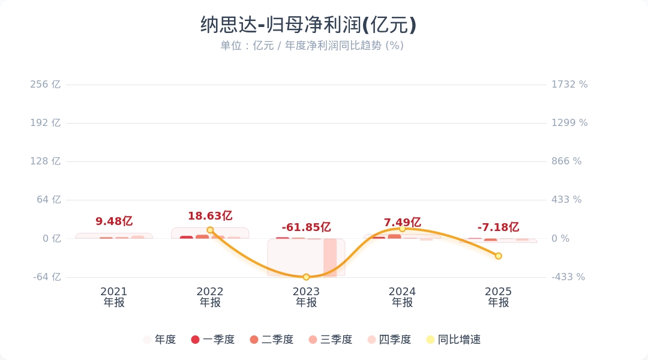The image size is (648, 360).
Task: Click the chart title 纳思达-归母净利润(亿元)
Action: [x=308, y=25]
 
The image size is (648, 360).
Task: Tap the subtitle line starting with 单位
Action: [x=311, y=46]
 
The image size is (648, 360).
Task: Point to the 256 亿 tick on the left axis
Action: [x=46, y=85]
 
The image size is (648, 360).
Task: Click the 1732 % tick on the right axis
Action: [x=569, y=85]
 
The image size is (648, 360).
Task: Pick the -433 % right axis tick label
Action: [x=568, y=277]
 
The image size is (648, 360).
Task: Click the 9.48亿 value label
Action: [x=114, y=221]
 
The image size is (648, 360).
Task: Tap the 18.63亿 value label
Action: [x=210, y=216]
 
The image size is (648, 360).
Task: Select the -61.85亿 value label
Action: [x=306, y=227]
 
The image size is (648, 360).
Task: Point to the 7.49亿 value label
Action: [x=402, y=223]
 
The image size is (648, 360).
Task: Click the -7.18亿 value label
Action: [x=498, y=227]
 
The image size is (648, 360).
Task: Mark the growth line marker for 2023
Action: [x=306, y=277]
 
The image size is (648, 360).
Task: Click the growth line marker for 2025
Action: [x=498, y=256]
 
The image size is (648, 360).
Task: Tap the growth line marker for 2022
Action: [x=210, y=230]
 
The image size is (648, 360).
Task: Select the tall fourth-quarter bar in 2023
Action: [x=330, y=257]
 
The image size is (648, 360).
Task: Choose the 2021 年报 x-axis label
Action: [x=114, y=297]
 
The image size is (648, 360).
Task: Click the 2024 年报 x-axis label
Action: [x=402, y=297]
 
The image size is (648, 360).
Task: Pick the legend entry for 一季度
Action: [x=213, y=340]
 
